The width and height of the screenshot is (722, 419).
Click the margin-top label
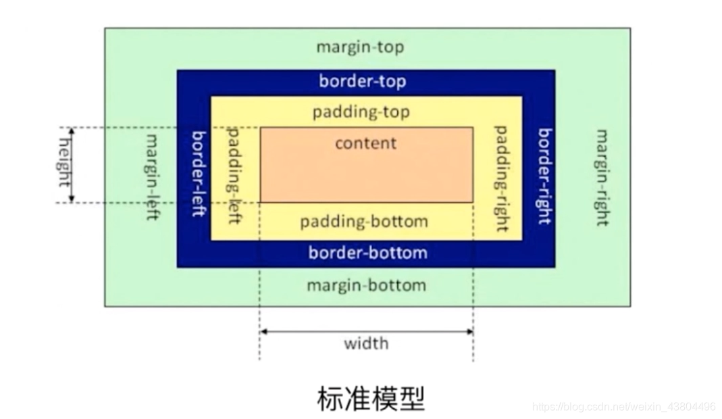[360, 48]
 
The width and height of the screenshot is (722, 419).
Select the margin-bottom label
[366, 285]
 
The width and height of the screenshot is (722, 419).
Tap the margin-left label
[153, 177]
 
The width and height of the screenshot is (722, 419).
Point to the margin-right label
[600, 177]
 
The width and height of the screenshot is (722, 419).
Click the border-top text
[363, 82]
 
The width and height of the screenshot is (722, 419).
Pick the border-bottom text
[367, 253]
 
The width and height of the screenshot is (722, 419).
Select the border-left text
[198, 174]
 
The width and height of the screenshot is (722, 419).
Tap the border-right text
[544, 176]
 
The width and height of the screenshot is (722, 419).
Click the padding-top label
[361, 112]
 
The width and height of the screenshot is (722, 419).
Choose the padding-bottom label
[364, 222]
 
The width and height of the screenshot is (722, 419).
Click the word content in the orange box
[366, 143]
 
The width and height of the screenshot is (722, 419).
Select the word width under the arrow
[366, 343]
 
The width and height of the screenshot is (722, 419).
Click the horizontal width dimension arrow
[366, 331]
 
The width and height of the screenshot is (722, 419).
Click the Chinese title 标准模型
[371, 399]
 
